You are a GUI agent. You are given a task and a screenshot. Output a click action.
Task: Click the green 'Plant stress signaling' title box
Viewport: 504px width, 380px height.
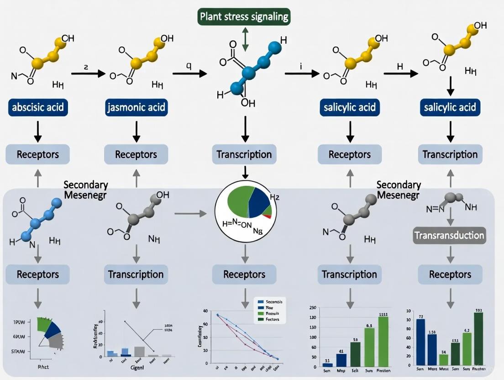click(x=244, y=17)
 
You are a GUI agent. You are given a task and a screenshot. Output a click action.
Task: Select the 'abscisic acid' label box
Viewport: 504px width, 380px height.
click(x=38, y=108)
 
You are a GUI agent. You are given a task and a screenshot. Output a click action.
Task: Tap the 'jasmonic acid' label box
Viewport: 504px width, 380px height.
click(x=136, y=108)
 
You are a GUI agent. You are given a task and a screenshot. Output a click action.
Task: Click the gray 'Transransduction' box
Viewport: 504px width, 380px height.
click(x=450, y=235)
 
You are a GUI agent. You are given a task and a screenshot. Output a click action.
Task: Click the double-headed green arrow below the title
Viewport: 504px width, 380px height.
click(x=246, y=39)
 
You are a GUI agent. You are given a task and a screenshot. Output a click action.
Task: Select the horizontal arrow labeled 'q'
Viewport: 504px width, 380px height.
click(x=189, y=74)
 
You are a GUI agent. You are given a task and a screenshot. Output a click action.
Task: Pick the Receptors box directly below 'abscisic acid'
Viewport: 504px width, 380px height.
click(x=38, y=154)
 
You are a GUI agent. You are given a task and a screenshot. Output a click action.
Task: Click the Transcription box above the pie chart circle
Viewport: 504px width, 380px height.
click(x=244, y=154)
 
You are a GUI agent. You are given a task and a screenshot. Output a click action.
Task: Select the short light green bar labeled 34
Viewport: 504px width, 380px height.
click(x=431, y=361)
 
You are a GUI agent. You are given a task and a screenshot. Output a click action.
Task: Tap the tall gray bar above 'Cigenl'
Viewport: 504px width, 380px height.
click(x=139, y=351)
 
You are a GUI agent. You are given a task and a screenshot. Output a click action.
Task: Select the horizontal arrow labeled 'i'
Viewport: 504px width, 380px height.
click(x=301, y=74)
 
